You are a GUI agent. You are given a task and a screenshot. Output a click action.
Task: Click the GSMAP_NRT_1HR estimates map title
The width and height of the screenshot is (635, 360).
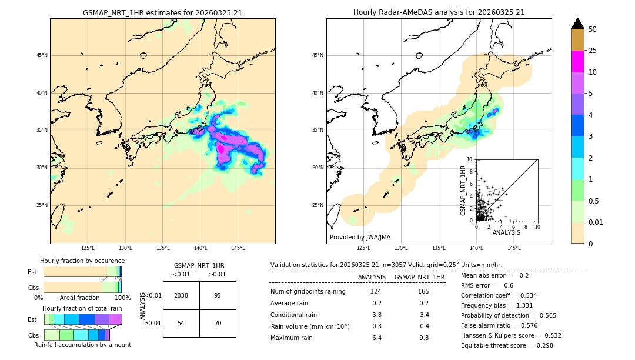pos(163,12)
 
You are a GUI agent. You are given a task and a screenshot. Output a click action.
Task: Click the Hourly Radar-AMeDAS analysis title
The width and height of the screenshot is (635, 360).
pos(439,12)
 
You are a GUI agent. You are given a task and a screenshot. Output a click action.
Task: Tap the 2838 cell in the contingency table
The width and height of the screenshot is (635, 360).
pos(181,296)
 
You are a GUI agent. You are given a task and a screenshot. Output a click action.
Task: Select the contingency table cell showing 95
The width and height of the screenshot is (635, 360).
pos(218,296)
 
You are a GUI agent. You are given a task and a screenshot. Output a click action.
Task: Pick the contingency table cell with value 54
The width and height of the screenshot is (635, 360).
pos(181,324)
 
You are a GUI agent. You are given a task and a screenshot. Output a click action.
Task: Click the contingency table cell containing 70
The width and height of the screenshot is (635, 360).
pos(218,324)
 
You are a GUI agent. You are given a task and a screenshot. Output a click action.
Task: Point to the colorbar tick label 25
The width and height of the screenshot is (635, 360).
pos(593,51)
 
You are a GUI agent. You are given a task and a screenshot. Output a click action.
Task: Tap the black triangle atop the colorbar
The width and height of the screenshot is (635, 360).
pos(578,24)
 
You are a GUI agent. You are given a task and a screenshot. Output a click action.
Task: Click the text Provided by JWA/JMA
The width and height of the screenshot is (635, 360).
pos(360,238)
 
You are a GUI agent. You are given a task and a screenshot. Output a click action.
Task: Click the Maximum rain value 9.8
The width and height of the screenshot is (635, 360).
pos(423,338)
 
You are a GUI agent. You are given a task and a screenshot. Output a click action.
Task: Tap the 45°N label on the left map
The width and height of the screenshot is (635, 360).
pos(41,55)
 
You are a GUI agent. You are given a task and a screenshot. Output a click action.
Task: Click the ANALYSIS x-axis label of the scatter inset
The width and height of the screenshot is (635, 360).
pos(506,233)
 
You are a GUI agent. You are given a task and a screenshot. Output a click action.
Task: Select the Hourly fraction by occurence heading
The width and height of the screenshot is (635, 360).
pos(82,261)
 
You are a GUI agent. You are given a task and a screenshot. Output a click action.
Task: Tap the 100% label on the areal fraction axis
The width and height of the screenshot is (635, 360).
pos(122,298)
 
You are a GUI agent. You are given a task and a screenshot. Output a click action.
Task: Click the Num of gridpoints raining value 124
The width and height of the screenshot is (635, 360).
pos(376,292)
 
